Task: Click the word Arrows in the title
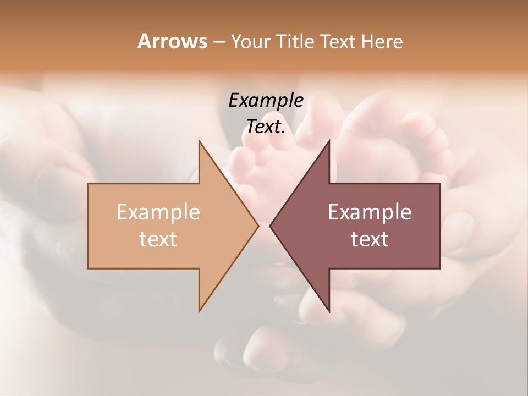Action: [x=172, y=41]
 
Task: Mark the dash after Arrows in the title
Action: [x=218, y=42]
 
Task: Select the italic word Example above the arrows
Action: [x=266, y=101]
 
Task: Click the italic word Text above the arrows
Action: [x=264, y=127]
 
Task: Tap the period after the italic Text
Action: [x=283, y=132]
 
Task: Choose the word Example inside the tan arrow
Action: [x=158, y=212]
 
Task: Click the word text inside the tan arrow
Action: [x=158, y=239]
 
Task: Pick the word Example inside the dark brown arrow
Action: [x=370, y=212]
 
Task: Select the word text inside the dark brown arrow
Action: [x=370, y=239]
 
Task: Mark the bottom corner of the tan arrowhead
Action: [x=200, y=311]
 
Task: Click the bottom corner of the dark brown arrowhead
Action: [x=329, y=311]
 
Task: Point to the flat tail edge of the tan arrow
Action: [x=89, y=226]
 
